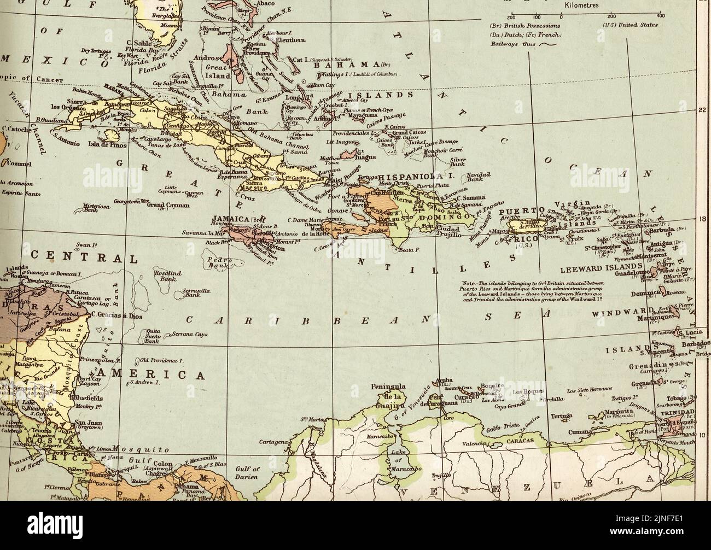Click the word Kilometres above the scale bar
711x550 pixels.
(x=581, y=5)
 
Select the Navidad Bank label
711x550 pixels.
(x=479, y=177)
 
